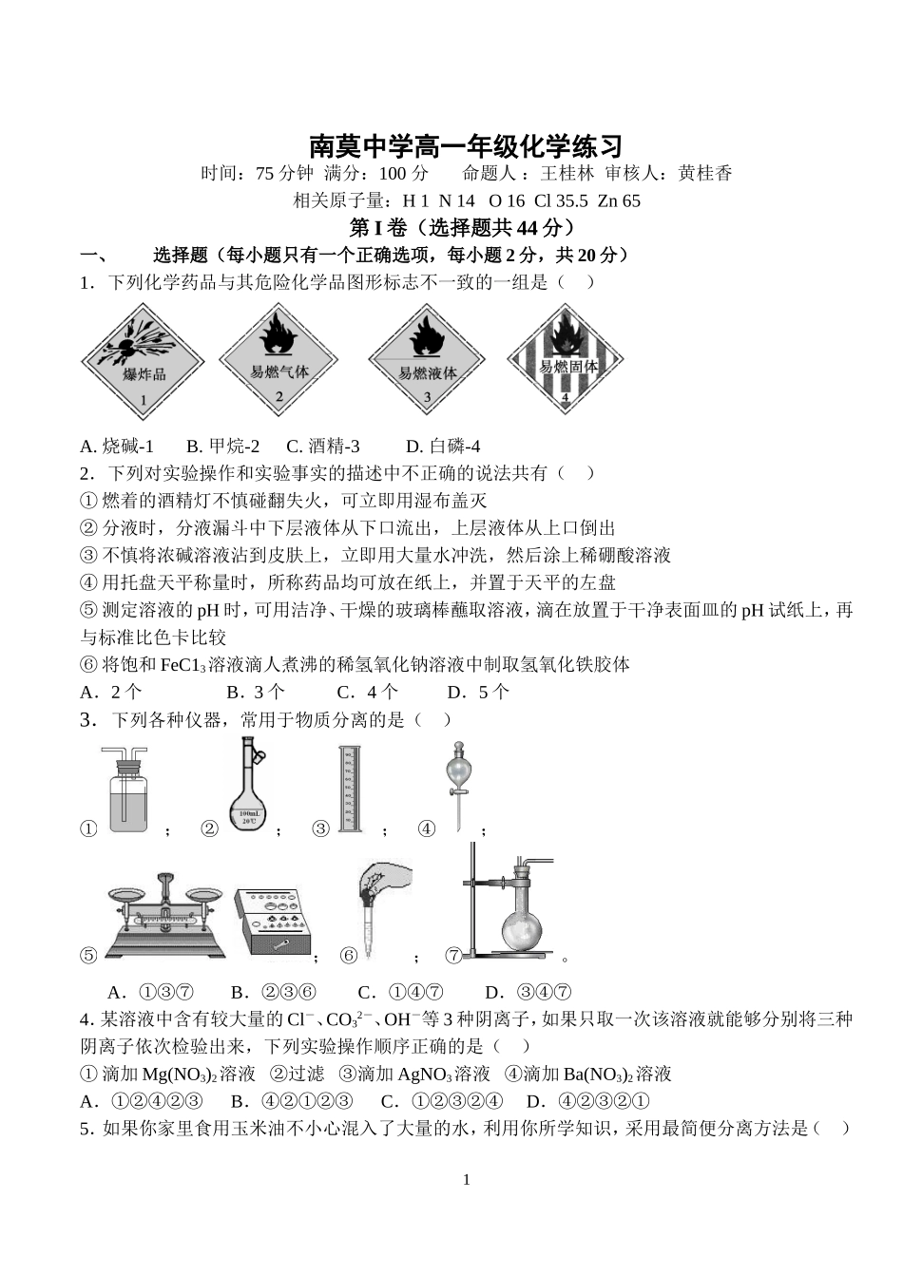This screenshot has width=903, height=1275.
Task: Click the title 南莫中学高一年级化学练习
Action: (466, 146)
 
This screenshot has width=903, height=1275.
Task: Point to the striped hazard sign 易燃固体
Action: (567, 360)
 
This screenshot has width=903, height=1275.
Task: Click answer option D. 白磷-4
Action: (443, 446)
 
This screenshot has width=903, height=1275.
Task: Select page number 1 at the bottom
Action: (466, 1179)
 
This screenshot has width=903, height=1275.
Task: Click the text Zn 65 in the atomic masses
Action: (619, 200)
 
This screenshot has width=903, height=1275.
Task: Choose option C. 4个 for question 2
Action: (368, 692)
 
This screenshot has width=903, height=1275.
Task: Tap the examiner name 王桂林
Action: (567, 173)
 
